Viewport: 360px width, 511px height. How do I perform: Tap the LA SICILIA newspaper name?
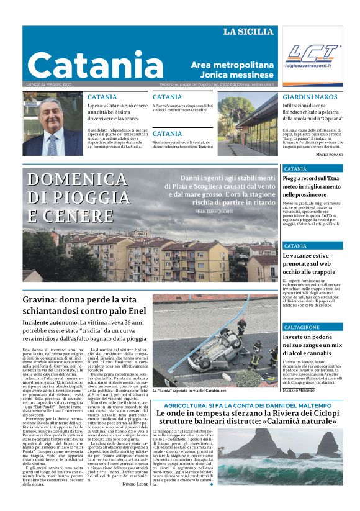248,32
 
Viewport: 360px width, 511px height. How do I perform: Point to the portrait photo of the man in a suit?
52,125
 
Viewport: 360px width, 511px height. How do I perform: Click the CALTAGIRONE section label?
302,327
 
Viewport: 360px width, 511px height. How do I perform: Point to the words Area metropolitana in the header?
232,65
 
